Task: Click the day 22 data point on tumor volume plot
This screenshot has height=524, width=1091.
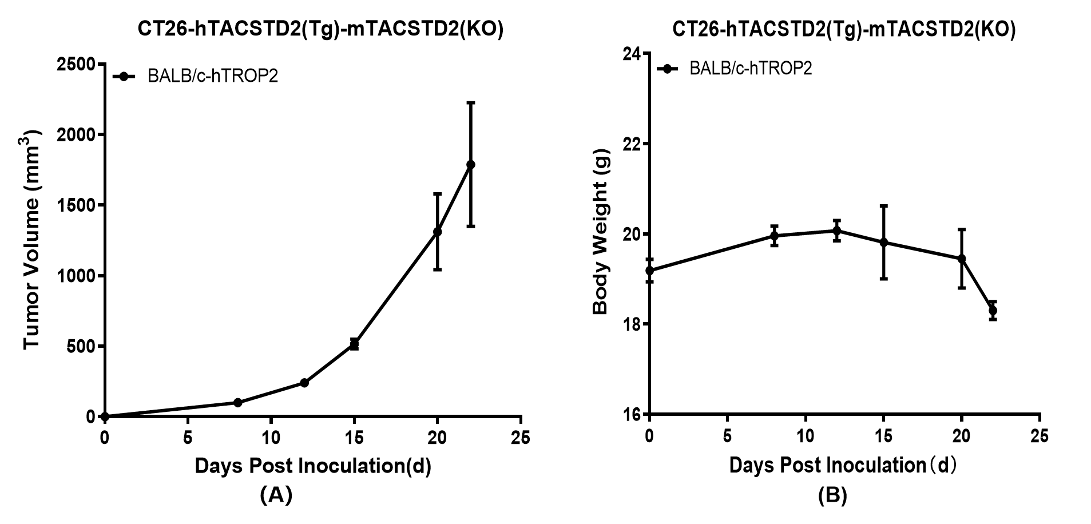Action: [x=471, y=165]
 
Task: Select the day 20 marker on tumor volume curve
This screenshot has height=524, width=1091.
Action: [x=438, y=232]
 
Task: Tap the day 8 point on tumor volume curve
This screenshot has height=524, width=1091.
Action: [x=238, y=403]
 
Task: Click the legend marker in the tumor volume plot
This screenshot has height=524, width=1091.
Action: [x=124, y=76]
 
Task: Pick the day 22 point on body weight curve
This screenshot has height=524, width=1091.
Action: [x=993, y=311]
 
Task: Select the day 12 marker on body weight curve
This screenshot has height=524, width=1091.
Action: [x=836, y=231]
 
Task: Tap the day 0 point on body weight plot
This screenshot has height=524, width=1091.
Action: [x=649, y=271]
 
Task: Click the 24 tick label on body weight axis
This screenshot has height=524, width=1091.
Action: [x=632, y=54]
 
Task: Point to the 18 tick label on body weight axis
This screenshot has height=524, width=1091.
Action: [x=632, y=324]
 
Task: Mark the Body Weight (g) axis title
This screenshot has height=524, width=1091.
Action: [x=600, y=232]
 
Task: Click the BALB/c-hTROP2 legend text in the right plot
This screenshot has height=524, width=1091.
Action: [x=751, y=69]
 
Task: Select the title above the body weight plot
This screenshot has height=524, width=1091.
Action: [x=844, y=29]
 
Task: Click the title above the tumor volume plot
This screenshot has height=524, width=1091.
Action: [x=320, y=29]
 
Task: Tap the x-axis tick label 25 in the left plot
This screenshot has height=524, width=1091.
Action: [x=521, y=438]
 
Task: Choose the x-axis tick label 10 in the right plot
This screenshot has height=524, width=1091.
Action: [x=805, y=436]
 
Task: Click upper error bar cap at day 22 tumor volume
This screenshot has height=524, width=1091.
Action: [x=471, y=103]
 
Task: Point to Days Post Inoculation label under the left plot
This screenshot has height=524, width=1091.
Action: [x=313, y=466]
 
